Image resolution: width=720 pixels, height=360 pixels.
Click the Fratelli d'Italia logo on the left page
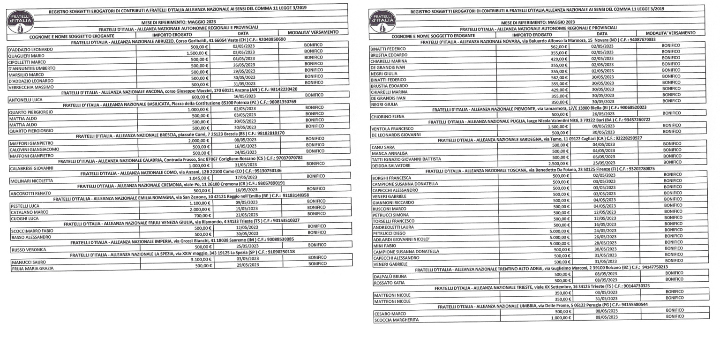click(20, 22)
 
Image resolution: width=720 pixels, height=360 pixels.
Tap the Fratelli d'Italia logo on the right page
click(382, 22)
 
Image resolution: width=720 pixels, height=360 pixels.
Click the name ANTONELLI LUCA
click(26, 100)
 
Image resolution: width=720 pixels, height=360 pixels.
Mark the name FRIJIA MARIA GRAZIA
click(33, 269)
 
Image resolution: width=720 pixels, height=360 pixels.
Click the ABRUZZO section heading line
click(178, 40)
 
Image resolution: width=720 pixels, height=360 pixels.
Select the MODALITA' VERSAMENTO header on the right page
click(670, 33)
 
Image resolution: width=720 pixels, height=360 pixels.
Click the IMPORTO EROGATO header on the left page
click(172, 35)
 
